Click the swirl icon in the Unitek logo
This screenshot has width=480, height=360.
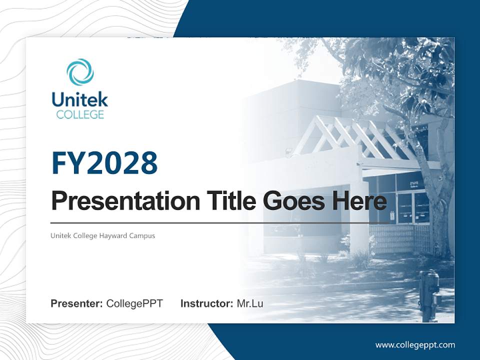click(80, 72)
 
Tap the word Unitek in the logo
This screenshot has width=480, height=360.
click(80, 99)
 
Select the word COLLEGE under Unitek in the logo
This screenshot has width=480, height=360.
click(80, 114)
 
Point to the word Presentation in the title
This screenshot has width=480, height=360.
click(118, 201)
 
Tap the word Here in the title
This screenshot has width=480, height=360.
click(359, 200)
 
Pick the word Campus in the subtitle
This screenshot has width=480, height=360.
click(143, 235)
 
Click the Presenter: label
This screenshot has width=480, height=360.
click(77, 303)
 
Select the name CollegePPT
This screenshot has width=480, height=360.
click(134, 303)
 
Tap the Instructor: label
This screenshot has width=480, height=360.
click(206, 303)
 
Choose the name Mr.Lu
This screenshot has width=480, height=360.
click(250, 303)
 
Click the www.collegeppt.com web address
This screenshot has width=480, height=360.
click(415, 345)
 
